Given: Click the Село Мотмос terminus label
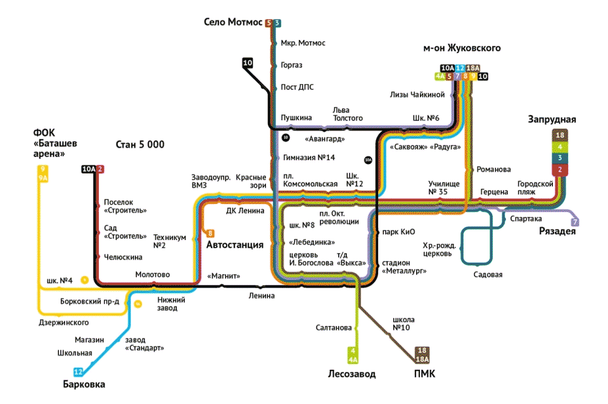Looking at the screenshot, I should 232,22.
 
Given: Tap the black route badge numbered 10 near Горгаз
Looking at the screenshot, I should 248,63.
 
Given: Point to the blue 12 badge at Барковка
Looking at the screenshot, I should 79,372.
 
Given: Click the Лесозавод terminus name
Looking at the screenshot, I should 351,374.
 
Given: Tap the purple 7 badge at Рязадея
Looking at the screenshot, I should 574,222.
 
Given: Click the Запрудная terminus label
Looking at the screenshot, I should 552,120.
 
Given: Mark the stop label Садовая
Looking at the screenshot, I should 488,275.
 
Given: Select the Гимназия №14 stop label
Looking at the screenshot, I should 309,157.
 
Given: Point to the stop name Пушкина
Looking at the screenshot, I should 296,118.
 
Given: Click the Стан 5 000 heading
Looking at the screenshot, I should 140,144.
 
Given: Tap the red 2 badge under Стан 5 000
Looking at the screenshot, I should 100,169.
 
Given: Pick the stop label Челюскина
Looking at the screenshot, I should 123,257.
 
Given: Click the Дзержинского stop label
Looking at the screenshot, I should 63,323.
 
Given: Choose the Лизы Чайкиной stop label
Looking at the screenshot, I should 417,95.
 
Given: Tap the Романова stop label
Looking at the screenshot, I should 493,169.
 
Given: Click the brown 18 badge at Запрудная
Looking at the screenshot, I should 559,134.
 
